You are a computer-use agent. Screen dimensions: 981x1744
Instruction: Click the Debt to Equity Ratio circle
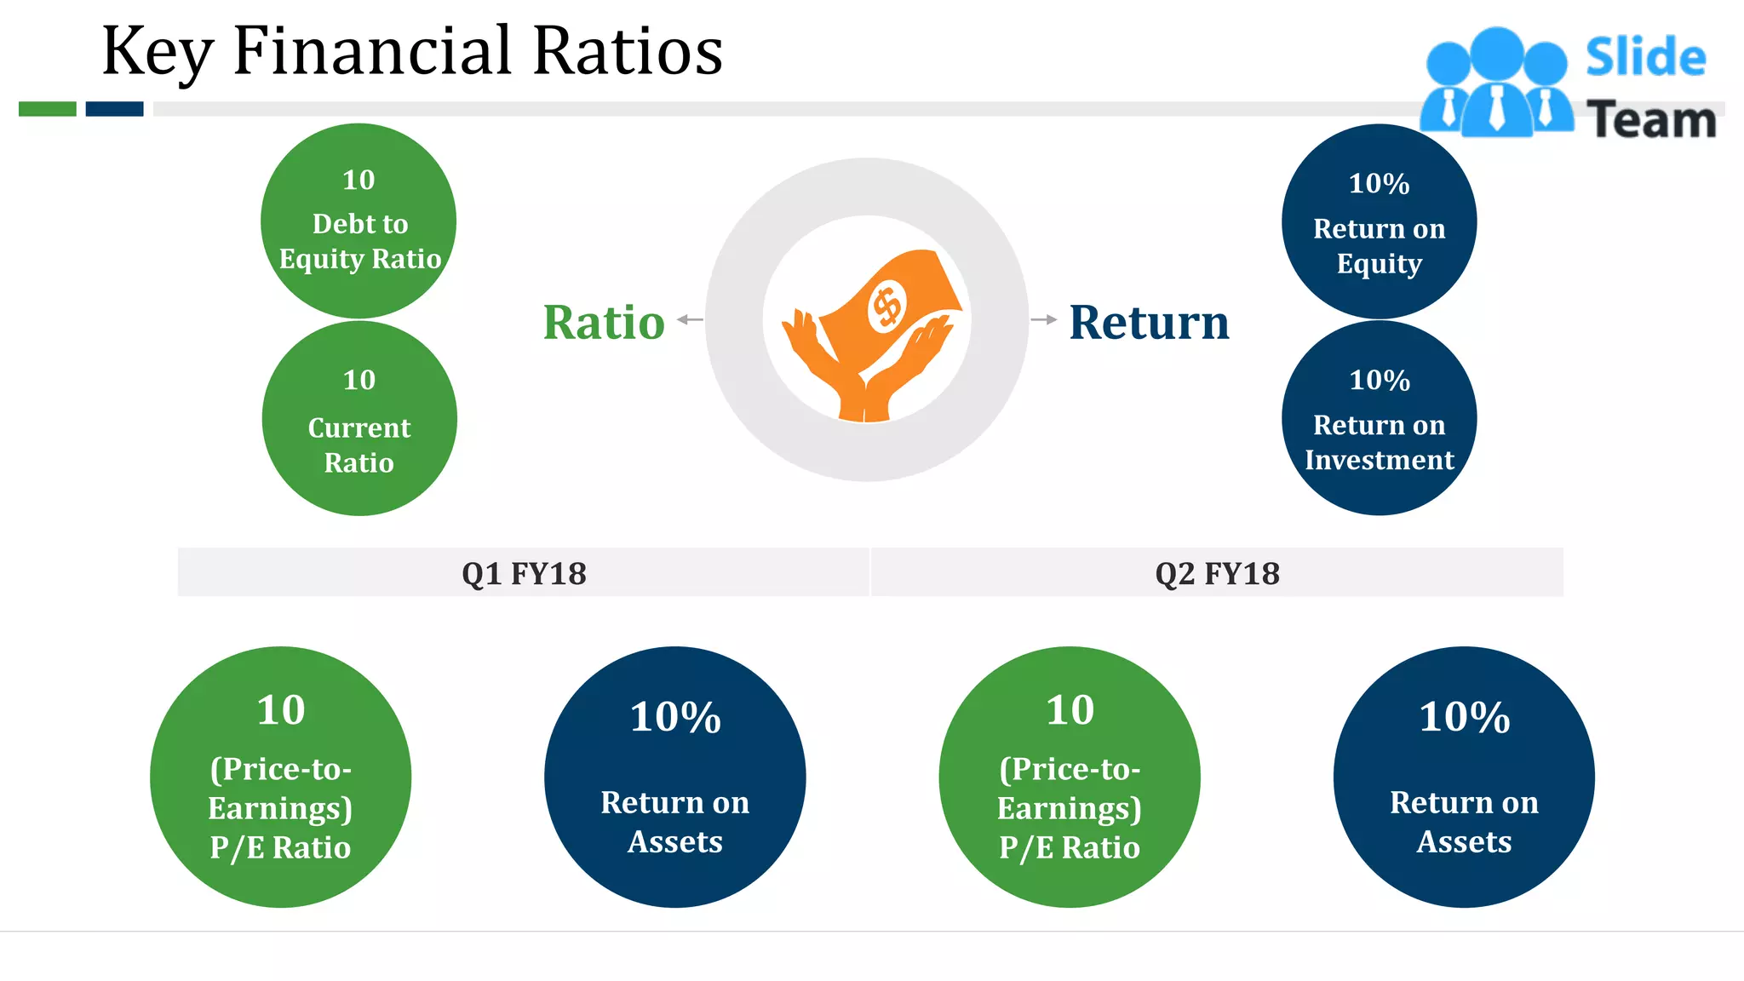coord(359,222)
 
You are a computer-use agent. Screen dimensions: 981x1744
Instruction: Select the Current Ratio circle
coord(359,419)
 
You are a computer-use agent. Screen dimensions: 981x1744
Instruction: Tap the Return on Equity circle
coord(1379,222)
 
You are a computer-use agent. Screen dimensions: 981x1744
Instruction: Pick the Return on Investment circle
coord(1379,419)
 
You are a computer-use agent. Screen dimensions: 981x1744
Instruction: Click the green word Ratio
coord(604,323)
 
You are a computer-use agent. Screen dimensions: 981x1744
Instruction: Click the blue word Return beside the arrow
coord(1149,323)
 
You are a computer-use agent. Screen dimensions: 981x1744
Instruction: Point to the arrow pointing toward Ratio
coord(691,320)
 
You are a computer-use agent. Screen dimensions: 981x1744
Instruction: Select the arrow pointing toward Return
coord(1043,320)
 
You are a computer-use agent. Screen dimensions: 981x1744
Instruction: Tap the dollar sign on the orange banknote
coord(887,307)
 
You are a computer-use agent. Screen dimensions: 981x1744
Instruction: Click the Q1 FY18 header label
coord(524,573)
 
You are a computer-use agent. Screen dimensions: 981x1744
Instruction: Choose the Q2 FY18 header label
coord(1217,573)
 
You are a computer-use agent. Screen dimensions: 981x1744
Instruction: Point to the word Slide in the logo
coord(1645,58)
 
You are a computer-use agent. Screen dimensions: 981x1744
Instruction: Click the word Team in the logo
coord(1651,120)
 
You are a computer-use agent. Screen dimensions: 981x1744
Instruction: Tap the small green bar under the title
coord(48,109)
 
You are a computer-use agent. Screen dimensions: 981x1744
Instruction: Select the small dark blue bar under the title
coord(114,109)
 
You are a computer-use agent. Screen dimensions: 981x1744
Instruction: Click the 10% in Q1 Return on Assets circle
coord(675,717)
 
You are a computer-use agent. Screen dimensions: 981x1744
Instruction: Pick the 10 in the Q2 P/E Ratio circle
coord(1070,710)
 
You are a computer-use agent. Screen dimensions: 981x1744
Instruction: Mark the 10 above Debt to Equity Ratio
coord(359,181)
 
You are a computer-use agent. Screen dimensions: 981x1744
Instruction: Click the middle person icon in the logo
coord(1496,85)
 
